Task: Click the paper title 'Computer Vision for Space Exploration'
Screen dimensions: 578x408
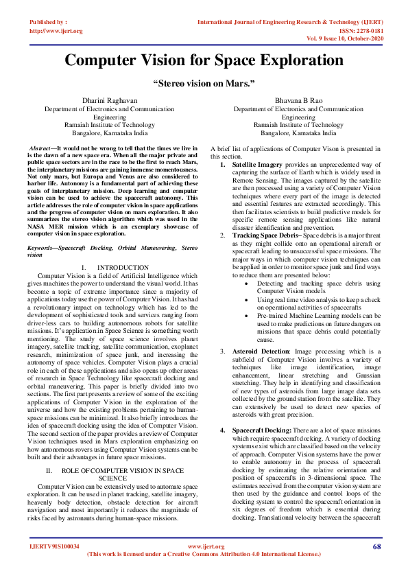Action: click(x=204, y=60)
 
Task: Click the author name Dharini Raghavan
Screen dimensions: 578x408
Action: click(x=109, y=101)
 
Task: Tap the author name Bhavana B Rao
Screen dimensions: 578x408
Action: click(x=298, y=101)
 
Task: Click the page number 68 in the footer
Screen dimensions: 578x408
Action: click(x=376, y=546)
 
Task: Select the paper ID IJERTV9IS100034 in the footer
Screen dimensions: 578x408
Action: click(x=55, y=546)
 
